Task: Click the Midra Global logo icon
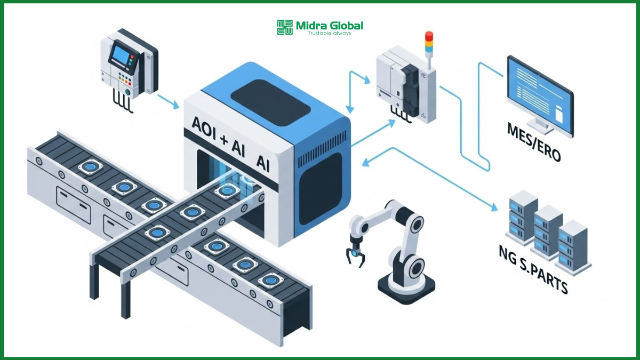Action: (285, 27)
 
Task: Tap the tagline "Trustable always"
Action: (329, 34)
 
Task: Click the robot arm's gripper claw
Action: (356, 256)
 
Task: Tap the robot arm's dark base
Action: (406, 291)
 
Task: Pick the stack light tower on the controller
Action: (428, 43)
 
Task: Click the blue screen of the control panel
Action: (121, 55)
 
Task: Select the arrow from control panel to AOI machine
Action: (170, 101)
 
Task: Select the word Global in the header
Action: (344, 25)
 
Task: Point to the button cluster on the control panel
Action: (126, 80)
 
